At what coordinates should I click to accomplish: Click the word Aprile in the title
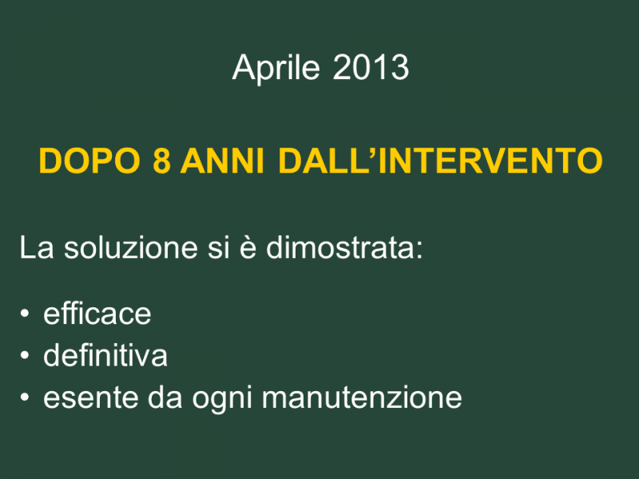276,68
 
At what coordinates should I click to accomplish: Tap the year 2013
371,67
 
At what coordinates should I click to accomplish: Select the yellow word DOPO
89,161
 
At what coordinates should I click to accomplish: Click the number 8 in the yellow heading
161,161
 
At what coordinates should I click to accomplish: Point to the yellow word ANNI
223,161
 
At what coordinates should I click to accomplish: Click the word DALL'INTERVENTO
440,161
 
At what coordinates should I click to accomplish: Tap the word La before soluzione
37,247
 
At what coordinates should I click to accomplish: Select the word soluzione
131,247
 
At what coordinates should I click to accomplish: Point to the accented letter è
248,247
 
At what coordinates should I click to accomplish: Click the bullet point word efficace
97,314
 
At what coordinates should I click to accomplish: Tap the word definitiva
105,355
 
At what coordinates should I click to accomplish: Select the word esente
90,398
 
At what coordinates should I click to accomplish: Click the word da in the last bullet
165,397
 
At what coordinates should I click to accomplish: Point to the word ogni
222,398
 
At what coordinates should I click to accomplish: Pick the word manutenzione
362,398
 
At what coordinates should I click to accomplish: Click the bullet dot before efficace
25,314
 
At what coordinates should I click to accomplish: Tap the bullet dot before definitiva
25,355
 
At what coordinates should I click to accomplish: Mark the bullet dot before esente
25,397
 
